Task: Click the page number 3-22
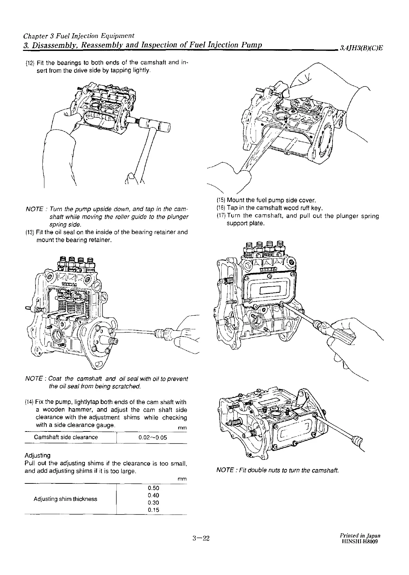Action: click(x=200, y=539)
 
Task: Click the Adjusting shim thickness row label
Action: click(x=65, y=499)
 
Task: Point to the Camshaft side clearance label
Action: click(x=66, y=437)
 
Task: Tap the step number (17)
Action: click(x=221, y=216)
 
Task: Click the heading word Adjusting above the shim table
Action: click(x=38, y=456)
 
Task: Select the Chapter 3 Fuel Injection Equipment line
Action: click(x=79, y=36)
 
